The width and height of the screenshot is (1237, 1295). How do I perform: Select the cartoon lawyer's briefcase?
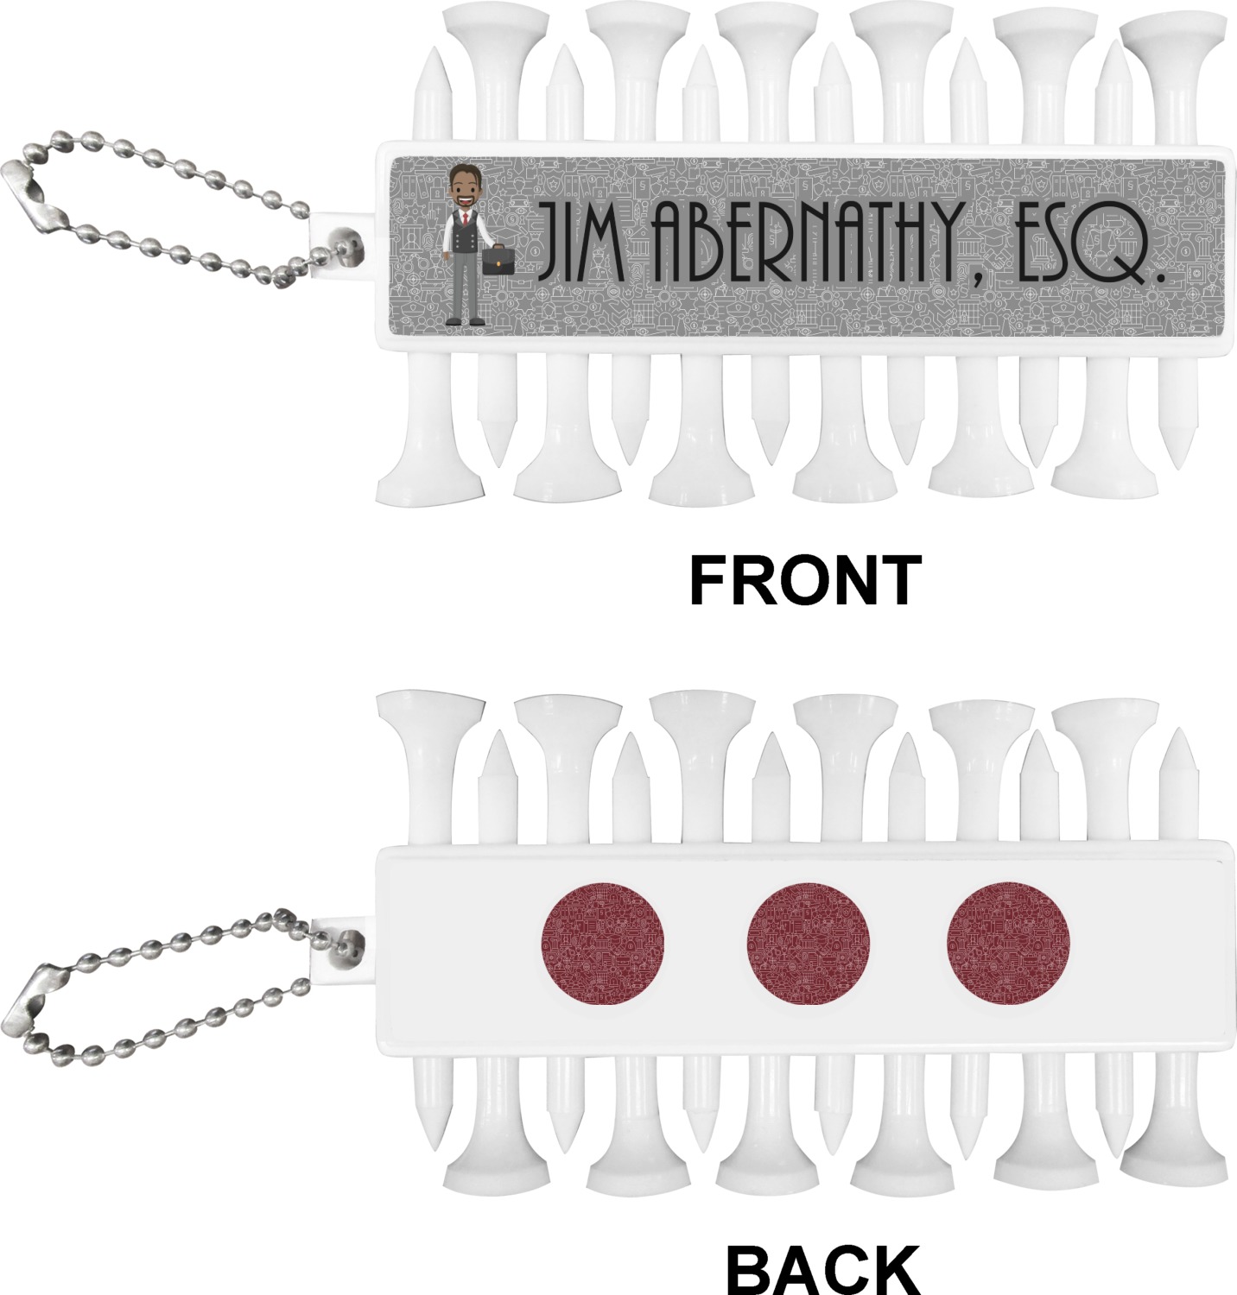pyautogui.click(x=498, y=257)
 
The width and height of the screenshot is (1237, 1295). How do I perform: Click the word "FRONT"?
pyautogui.click(x=805, y=580)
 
